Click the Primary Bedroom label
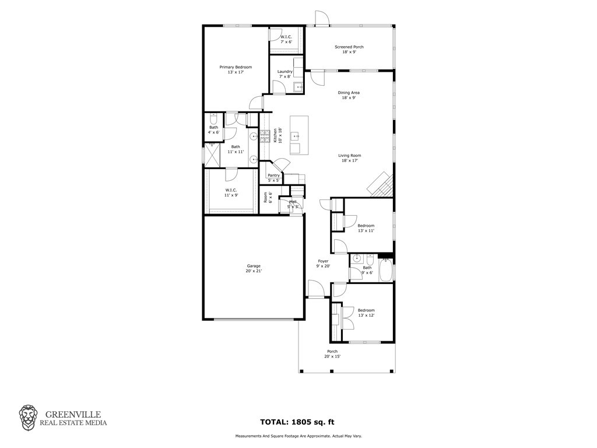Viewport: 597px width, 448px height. [236, 69]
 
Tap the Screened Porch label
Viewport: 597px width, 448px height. [349, 49]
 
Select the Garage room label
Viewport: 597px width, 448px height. [254, 268]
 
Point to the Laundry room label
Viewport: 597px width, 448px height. [285, 74]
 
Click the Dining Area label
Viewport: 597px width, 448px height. [349, 95]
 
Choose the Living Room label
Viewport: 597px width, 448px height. [350, 157]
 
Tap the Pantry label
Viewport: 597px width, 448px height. [274, 177]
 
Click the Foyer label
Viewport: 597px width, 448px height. [323, 264]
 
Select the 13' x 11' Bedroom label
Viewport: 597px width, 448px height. [366, 228]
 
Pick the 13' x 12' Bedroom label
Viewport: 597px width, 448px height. [366, 313]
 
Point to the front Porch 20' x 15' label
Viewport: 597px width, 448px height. [332, 354]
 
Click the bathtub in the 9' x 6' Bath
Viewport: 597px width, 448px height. [386, 270]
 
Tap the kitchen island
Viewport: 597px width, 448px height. [299, 135]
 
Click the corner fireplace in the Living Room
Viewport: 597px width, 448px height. [380, 185]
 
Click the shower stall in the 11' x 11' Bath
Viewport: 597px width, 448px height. [212, 155]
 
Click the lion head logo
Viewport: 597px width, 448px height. [29, 418]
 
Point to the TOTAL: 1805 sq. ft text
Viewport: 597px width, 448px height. [297, 422]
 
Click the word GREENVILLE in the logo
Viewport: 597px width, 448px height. [73, 415]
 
